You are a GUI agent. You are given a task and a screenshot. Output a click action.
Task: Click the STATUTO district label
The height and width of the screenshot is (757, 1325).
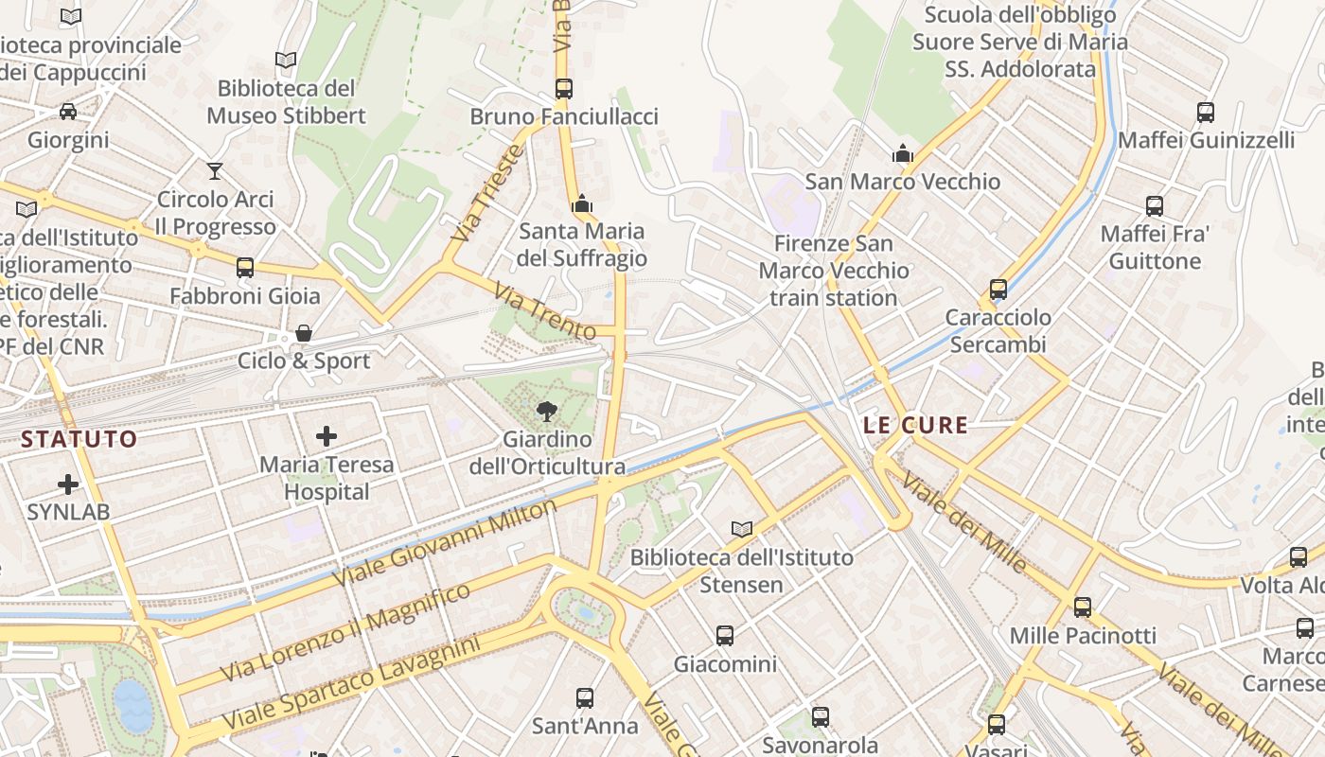pyautogui.click(x=79, y=439)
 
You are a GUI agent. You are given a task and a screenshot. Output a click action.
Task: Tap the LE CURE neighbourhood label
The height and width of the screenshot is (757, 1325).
pyautogui.click(x=915, y=425)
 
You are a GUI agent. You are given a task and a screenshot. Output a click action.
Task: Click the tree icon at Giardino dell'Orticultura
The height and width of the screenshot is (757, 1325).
pyautogui.click(x=546, y=411)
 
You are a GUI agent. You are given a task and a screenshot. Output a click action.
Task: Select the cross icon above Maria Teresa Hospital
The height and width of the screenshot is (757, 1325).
pyautogui.click(x=327, y=436)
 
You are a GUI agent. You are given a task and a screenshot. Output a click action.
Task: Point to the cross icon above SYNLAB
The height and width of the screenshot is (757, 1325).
pyautogui.click(x=68, y=484)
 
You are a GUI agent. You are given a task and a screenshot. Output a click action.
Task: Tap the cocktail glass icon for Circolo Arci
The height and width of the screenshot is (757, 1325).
pyautogui.click(x=215, y=171)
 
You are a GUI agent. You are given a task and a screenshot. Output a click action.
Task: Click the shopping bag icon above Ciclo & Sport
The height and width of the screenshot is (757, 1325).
pyautogui.click(x=304, y=333)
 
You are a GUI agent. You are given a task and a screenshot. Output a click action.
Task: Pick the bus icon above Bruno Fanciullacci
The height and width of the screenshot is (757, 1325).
pyautogui.click(x=564, y=89)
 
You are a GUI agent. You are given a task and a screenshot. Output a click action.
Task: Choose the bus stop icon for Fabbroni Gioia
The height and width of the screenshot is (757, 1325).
pyautogui.click(x=245, y=268)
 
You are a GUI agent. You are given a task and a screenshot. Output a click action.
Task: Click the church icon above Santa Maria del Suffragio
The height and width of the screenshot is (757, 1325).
pyautogui.click(x=581, y=203)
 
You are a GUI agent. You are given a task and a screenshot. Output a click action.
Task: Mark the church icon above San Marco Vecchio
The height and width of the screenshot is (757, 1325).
pyautogui.click(x=902, y=154)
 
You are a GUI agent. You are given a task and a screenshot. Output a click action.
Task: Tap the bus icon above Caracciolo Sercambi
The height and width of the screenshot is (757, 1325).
pyautogui.click(x=998, y=290)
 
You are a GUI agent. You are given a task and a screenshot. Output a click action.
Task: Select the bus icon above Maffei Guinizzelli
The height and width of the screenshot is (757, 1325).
pyautogui.click(x=1206, y=113)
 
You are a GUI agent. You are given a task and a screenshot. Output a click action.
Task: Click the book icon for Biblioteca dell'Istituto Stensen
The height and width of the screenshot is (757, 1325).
pyautogui.click(x=742, y=529)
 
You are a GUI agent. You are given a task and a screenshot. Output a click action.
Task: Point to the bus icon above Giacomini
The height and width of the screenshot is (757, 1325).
pyautogui.click(x=725, y=636)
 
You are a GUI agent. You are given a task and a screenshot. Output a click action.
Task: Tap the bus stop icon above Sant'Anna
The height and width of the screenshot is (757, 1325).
pyautogui.click(x=585, y=698)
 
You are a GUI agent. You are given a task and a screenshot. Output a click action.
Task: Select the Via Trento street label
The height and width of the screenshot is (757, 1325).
pyautogui.click(x=546, y=312)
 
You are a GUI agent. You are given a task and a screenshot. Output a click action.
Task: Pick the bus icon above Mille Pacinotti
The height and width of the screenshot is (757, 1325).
pyautogui.click(x=1083, y=607)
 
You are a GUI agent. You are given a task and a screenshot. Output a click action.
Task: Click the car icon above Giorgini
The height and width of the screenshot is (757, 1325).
pyautogui.click(x=68, y=112)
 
